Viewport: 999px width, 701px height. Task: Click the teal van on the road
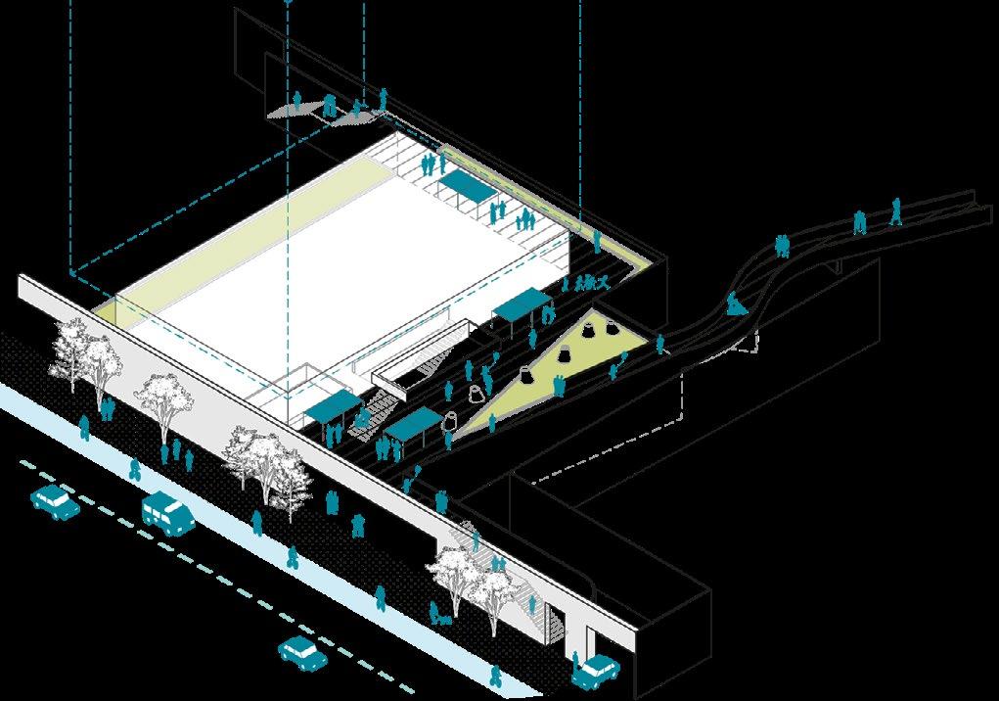click(167, 512)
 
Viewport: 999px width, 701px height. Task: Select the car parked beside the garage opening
click(596, 671)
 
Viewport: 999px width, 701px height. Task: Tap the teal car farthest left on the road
click(54, 501)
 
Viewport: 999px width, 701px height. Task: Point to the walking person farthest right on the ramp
click(896, 210)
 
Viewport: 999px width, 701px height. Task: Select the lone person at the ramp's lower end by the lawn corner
click(660, 343)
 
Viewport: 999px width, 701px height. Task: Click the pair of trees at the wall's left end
click(86, 354)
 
